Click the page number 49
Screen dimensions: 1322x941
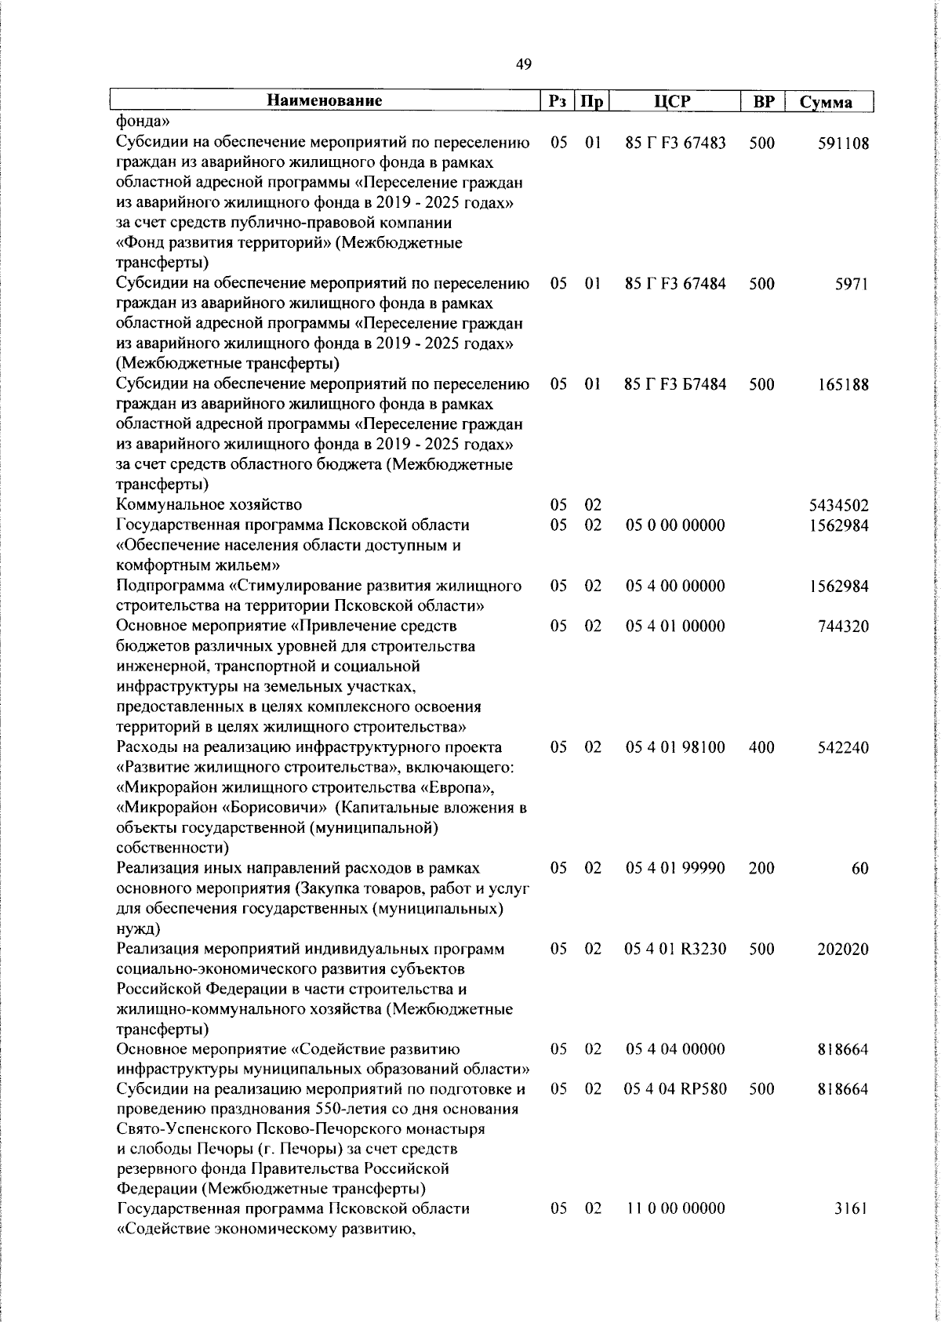[x=524, y=64]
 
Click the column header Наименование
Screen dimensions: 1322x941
[x=324, y=100]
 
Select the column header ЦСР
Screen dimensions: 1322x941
[x=676, y=101]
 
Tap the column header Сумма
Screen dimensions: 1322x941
[x=825, y=102]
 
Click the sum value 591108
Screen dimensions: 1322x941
[x=842, y=143]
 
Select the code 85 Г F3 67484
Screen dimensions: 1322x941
[x=675, y=284]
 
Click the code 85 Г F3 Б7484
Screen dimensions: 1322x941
[x=675, y=384]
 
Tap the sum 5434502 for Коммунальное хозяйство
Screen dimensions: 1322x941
[x=838, y=505]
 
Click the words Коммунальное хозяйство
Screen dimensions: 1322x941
[x=209, y=505]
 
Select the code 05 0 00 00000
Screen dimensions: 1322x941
[x=675, y=525]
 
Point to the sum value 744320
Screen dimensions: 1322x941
[x=842, y=626]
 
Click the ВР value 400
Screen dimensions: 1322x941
[x=761, y=747]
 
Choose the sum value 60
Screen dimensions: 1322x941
[x=859, y=869]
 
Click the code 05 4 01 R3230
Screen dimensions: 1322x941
[x=675, y=949]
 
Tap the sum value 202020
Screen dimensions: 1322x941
[x=842, y=949]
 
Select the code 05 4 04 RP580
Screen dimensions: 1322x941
[x=675, y=1089]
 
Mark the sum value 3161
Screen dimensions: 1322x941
[x=851, y=1209]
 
